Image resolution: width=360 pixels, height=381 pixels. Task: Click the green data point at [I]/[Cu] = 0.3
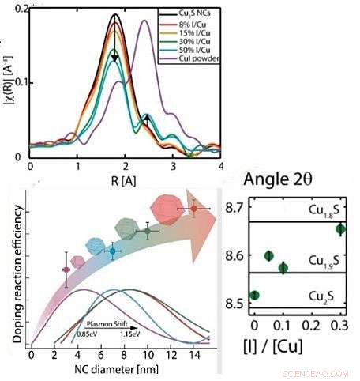[x=340, y=229]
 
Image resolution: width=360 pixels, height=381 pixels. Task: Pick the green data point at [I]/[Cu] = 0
[x=253, y=295]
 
